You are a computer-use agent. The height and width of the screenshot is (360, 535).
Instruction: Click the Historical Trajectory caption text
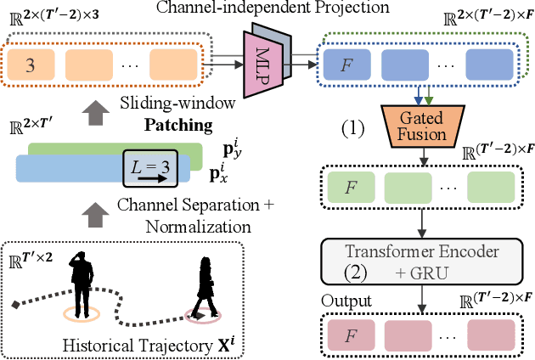(x=135, y=346)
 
